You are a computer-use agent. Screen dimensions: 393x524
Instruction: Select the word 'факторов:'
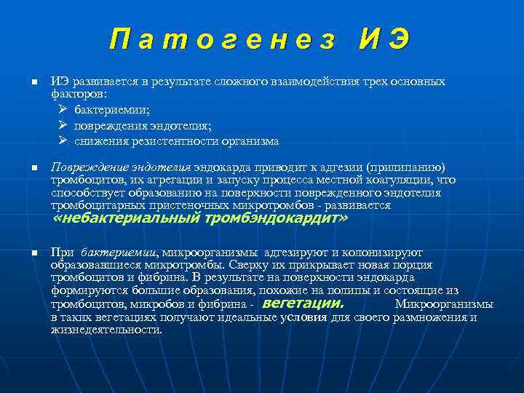click(77, 94)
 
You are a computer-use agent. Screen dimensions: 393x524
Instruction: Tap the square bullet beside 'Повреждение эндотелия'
click(33, 168)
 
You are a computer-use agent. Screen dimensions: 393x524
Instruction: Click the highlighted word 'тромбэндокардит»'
click(287, 218)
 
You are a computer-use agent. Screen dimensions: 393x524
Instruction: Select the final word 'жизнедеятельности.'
click(106, 330)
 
